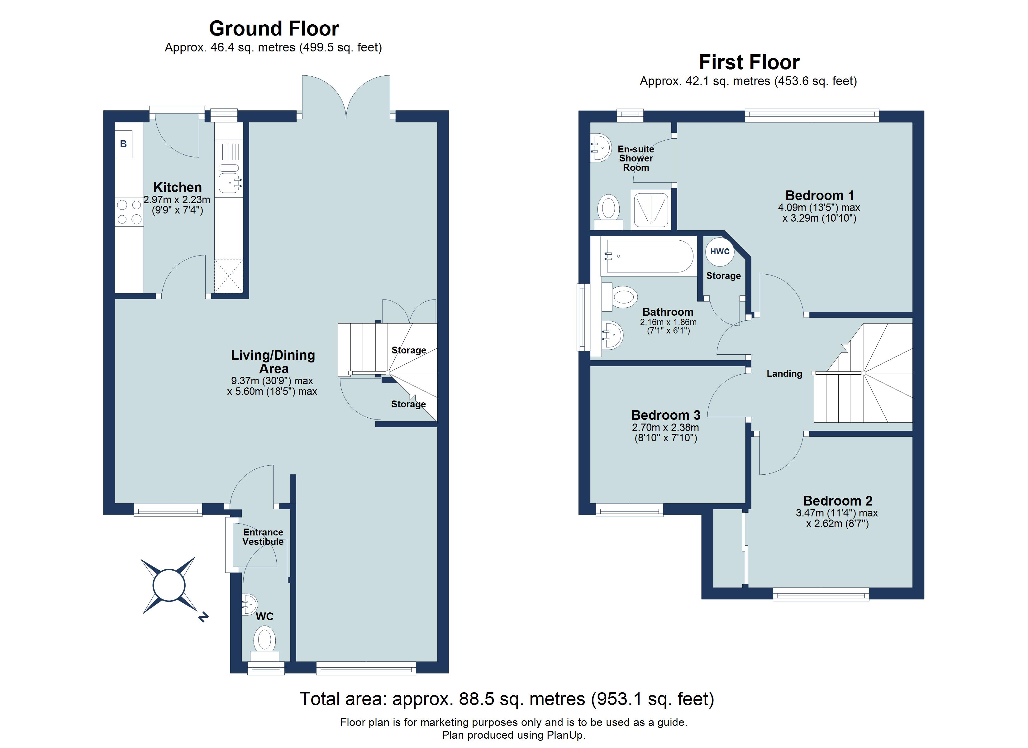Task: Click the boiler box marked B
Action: pos(123,144)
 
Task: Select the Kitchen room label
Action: pos(177,187)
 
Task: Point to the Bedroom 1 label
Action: pos(820,195)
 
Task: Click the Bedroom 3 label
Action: pos(666,415)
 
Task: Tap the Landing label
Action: pos(784,373)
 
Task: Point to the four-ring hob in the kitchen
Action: pos(129,212)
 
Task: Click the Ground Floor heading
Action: pos(274,29)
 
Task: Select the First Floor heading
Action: pos(749,62)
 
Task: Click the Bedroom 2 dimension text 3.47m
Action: pos(810,513)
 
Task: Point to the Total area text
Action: pos(507,699)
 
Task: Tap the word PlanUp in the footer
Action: pos(565,735)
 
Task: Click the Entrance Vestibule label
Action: pos(263,537)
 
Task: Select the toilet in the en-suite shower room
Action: pos(608,212)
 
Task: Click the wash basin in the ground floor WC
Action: pos(249,604)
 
